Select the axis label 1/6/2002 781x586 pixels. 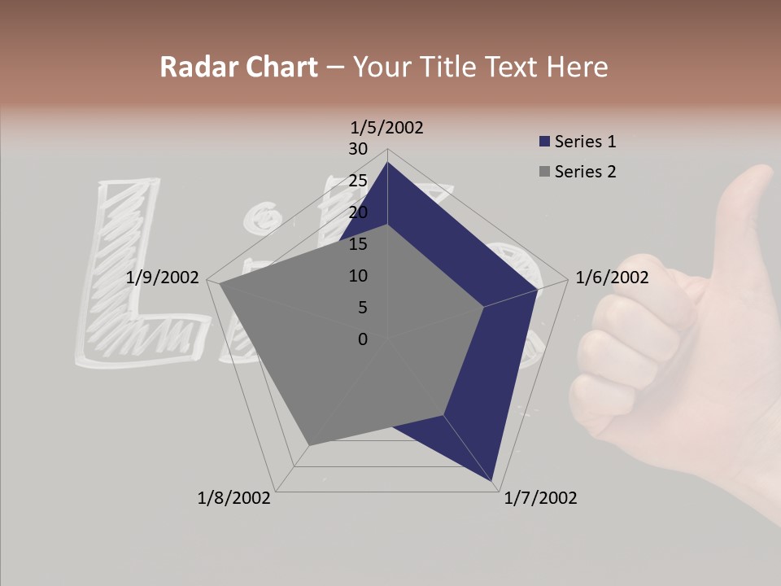point(612,278)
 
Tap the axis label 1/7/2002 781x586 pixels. point(540,498)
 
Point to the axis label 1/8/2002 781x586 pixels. point(234,498)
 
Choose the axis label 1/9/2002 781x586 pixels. point(163,278)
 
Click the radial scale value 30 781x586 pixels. point(358,149)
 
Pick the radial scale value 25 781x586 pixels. point(358,181)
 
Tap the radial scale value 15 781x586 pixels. point(358,244)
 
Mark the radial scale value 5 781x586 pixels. point(362,308)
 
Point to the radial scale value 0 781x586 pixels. point(363,339)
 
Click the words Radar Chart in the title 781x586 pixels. point(238,67)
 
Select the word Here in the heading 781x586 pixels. point(577,67)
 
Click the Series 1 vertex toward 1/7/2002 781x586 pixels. point(494,480)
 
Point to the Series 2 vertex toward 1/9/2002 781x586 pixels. point(220,285)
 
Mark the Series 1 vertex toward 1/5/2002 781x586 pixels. point(387,163)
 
